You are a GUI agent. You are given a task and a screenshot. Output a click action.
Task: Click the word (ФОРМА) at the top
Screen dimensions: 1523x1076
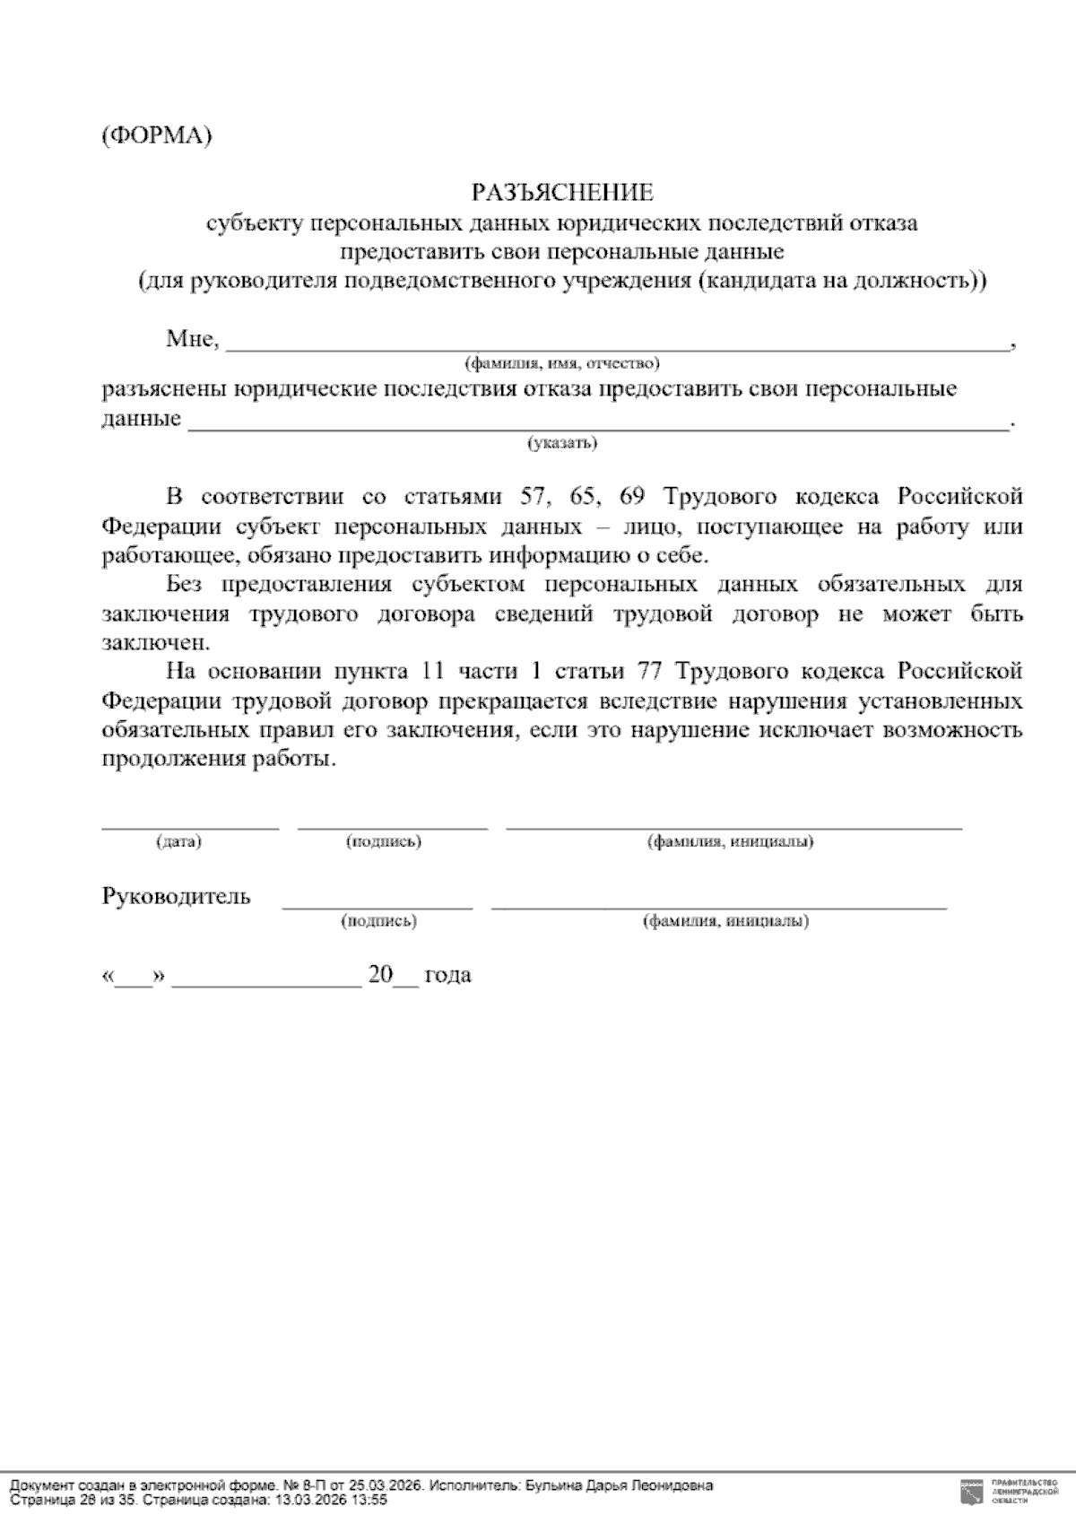(156, 136)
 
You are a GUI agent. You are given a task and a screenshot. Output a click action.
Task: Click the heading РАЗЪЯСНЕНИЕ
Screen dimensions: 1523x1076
(562, 193)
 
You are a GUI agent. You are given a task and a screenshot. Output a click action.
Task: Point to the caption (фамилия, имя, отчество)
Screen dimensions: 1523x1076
(561, 363)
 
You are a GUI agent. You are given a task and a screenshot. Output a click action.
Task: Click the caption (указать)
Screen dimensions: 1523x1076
(562, 442)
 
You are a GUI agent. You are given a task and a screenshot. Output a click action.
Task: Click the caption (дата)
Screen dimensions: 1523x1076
(178, 842)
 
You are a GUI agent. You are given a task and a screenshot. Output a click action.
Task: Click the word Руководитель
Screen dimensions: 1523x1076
(176, 897)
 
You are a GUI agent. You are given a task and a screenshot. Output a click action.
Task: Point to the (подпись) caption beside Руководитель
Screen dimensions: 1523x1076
(378, 921)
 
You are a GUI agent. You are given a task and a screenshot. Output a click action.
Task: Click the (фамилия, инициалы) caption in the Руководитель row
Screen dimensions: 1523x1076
(725, 921)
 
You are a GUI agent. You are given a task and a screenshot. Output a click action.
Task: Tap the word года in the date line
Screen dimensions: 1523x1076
(447, 975)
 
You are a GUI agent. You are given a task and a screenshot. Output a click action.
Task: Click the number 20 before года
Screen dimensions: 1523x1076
(380, 975)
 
